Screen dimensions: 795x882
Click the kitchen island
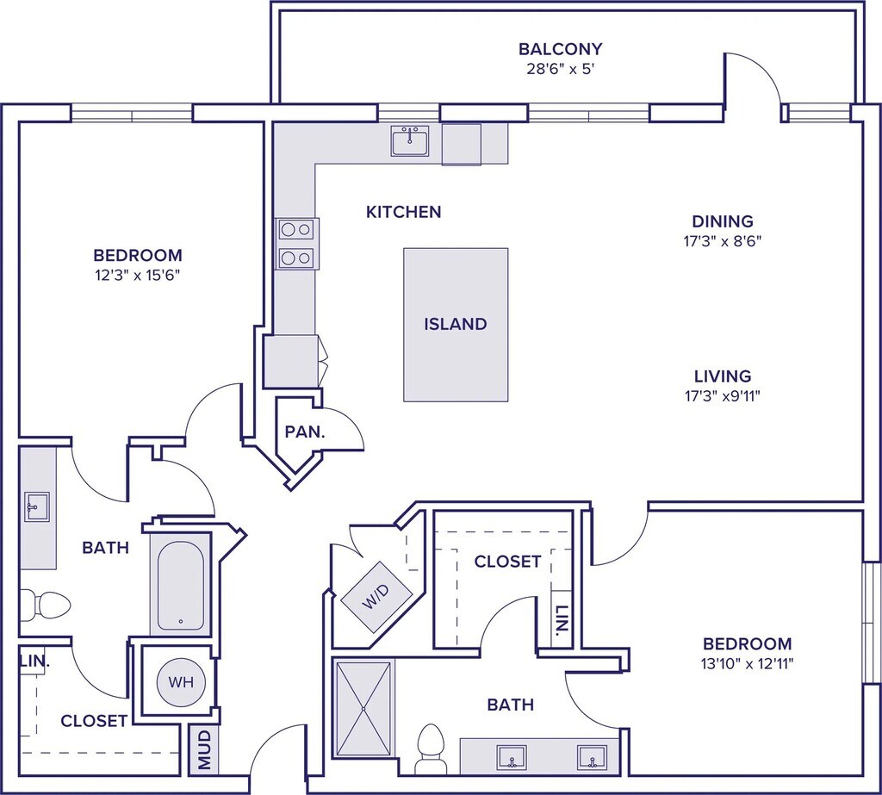(456, 324)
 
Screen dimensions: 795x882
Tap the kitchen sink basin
(410, 141)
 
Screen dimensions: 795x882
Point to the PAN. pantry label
(305, 432)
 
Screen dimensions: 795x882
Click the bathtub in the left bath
(181, 583)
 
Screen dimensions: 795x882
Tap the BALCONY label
(560, 49)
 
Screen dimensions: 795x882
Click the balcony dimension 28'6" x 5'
(560, 69)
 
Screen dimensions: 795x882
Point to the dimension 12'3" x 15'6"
(138, 276)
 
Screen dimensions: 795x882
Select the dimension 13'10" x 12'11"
(747, 664)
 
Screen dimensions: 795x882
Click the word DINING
(723, 221)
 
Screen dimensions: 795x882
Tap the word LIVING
(723, 376)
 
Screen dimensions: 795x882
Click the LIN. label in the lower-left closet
(34, 662)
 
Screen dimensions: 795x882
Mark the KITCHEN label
(403, 212)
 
